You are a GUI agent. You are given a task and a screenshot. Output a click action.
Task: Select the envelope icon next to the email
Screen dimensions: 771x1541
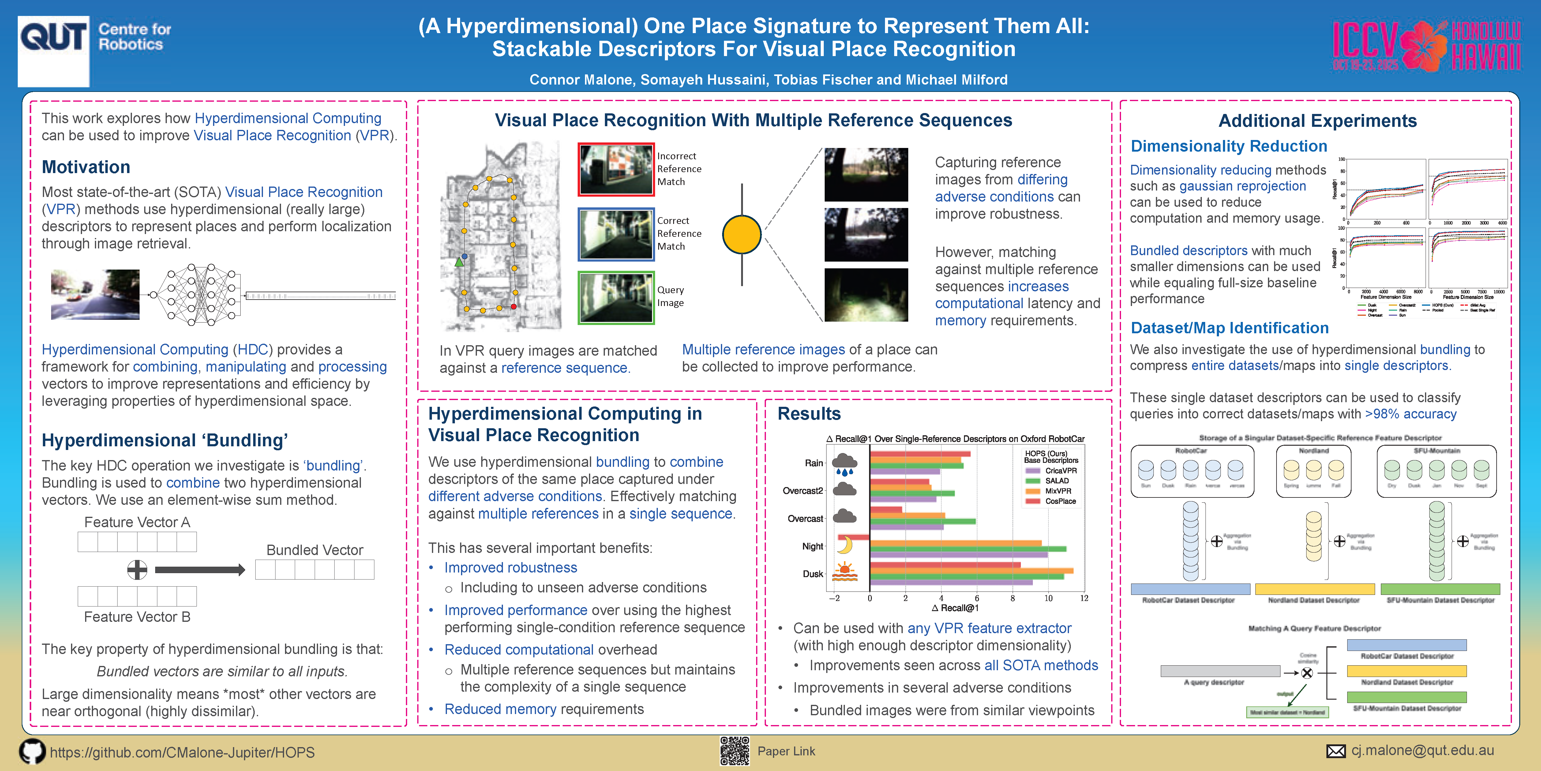point(1336,751)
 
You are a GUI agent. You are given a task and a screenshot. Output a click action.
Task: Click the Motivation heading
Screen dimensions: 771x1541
point(85,167)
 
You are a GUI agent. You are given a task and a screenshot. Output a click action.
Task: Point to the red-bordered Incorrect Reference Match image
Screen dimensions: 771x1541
point(616,169)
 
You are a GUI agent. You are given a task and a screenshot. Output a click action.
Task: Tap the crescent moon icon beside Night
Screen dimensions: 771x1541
point(844,545)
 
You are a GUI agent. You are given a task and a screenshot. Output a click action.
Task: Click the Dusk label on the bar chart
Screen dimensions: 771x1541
point(812,573)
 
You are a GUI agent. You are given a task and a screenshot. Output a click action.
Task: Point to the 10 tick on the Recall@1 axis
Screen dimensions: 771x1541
point(1048,598)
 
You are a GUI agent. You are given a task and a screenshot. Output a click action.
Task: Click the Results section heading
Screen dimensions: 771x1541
point(809,414)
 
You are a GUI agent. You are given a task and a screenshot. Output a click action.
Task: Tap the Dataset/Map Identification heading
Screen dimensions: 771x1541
point(1229,328)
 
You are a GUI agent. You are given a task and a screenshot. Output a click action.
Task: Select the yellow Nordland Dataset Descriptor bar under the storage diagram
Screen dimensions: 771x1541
point(1314,589)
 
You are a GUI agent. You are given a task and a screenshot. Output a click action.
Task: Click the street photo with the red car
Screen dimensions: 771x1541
point(95,294)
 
